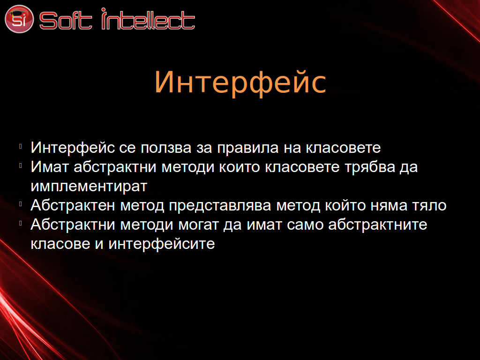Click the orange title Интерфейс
point(240,82)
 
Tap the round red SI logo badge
point(19,19)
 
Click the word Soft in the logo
point(66,21)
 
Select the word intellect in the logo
point(148,19)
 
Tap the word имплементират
point(89,187)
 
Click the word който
point(345,205)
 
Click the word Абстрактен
point(73,205)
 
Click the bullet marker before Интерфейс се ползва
point(21,146)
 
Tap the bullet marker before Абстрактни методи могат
point(21,224)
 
